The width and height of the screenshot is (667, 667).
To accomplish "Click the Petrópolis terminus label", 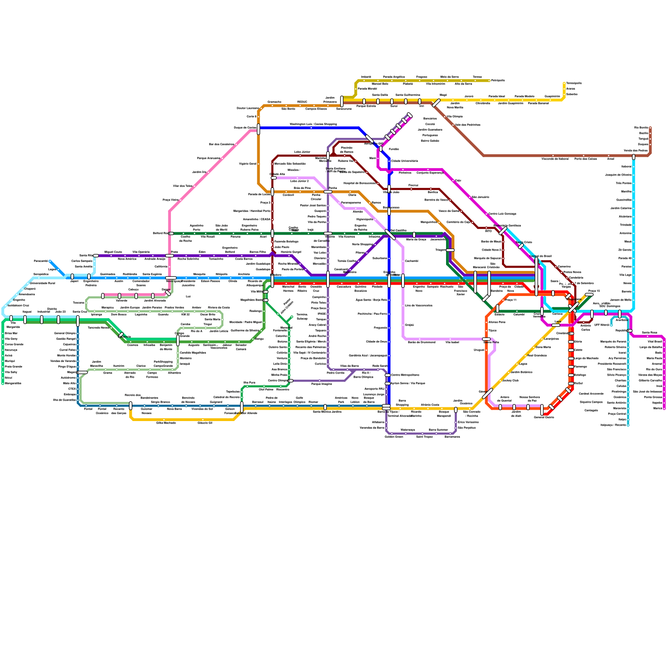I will tap(498, 80).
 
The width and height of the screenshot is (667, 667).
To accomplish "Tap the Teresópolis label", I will tap(574, 83).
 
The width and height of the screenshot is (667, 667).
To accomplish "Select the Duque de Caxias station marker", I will tap(258, 129).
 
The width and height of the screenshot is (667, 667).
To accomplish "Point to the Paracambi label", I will tap(41, 261).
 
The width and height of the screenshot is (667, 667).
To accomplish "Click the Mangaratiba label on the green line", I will tap(13, 383).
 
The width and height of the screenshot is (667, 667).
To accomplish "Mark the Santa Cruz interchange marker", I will tap(78, 321).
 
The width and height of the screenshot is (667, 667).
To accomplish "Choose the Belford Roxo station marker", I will tap(171, 233).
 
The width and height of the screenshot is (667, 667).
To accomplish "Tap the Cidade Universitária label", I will tap(404, 161).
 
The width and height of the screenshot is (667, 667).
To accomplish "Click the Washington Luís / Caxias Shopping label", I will tap(313, 124).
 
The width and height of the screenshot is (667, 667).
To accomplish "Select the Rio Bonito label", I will tap(641, 128).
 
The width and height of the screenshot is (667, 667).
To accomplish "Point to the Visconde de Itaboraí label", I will tap(555, 159).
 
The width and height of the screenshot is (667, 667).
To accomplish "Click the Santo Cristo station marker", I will tap(521, 246).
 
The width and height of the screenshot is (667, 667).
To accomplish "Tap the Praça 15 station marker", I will tap(589, 295).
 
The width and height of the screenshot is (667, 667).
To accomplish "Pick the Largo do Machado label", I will tap(586, 358).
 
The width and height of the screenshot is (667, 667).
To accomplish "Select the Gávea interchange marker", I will tap(487, 394).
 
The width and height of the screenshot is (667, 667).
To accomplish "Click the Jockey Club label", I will tap(510, 381).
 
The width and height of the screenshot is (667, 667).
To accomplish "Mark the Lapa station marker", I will tap(556, 325).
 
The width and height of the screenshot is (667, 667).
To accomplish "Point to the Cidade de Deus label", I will tap(376, 342).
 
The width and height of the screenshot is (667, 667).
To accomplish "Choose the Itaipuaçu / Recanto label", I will tap(613, 425).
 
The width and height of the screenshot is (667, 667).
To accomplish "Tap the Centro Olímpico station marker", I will tap(290, 381).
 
